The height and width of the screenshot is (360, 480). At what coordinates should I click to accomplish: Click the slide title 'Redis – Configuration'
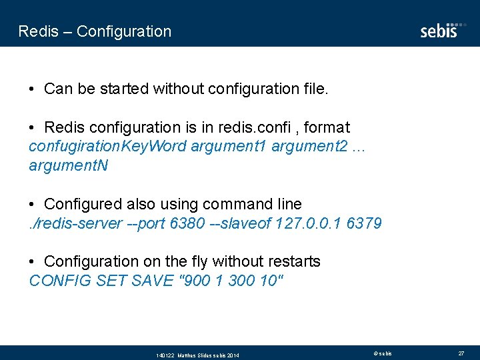[x=95, y=31]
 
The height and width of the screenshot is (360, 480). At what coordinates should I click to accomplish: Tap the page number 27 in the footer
[x=461, y=353]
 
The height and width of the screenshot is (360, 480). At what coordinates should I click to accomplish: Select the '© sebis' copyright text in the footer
[x=383, y=353]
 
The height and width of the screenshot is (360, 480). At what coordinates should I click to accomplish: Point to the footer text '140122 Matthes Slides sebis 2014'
[x=197, y=355]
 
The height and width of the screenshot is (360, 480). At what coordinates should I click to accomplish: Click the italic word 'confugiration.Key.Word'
[x=107, y=146]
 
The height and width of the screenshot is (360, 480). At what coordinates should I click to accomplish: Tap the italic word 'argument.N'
[x=68, y=165]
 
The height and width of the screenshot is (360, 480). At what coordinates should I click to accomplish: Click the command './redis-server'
[x=75, y=223]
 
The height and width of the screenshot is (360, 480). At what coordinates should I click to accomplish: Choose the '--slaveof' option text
[x=240, y=223]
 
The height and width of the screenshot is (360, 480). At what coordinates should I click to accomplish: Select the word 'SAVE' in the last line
[x=151, y=281]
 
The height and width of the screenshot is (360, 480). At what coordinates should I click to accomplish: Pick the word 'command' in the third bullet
[x=239, y=204]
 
